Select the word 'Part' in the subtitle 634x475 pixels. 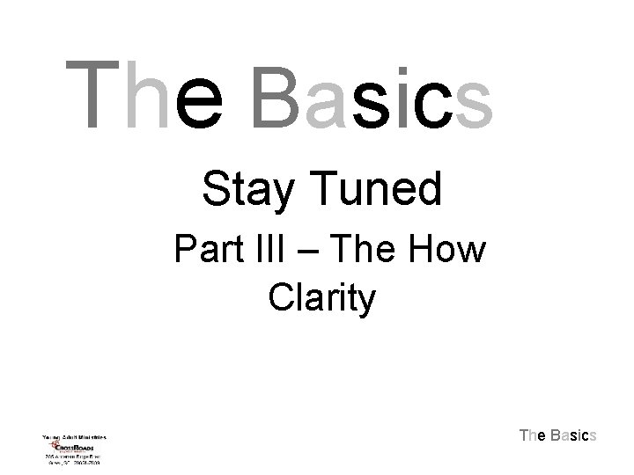(208, 251)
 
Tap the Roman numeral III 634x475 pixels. (275, 251)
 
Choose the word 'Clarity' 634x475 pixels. (321, 299)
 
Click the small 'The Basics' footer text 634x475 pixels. (558, 435)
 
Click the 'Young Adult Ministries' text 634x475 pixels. (74, 436)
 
